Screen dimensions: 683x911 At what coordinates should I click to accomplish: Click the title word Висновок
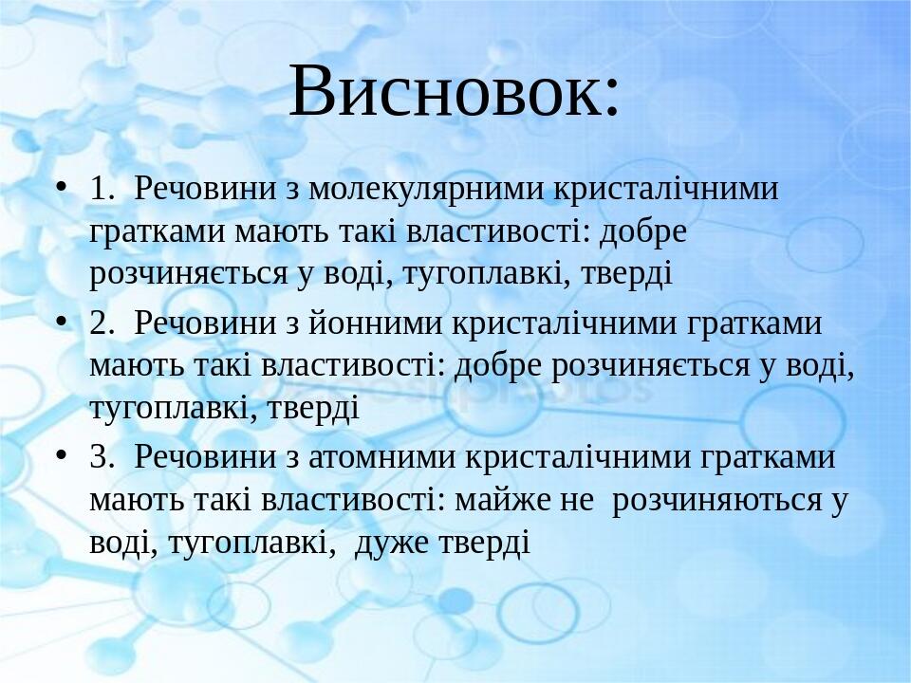click(x=455, y=91)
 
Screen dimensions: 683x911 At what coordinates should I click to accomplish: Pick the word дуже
click(x=392, y=543)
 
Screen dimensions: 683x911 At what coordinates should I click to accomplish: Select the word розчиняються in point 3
click(x=717, y=500)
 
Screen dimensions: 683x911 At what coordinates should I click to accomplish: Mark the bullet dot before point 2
click(x=62, y=322)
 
